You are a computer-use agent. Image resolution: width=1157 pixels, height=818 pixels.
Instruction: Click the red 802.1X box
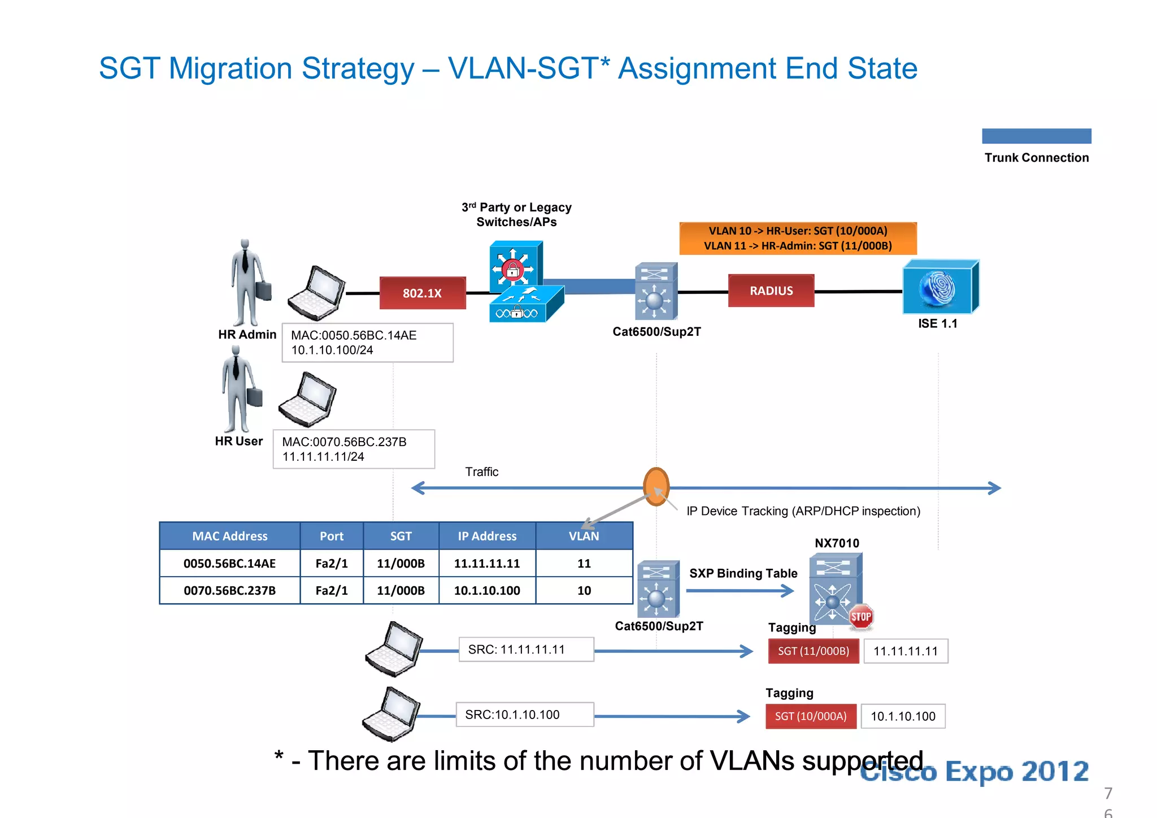click(423, 293)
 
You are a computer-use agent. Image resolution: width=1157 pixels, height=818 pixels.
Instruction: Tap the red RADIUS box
click(771, 291)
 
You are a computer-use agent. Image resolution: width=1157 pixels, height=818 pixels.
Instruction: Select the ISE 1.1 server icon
click(939, 287)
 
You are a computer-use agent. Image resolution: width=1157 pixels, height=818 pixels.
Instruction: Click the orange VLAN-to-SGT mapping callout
click(798, 238)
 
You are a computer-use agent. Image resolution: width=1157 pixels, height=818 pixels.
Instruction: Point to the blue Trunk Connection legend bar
click(1036, 136)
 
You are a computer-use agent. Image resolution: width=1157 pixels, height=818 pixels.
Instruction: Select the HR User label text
click(238, 441)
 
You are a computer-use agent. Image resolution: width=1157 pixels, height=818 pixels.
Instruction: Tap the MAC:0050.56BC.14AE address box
click(367, 343)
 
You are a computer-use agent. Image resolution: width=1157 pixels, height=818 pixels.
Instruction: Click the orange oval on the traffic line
click(656, 486)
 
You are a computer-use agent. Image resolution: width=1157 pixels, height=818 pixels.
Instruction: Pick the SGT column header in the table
click(401, 536)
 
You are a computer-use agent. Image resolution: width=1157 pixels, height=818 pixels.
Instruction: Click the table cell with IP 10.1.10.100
click(487, 591)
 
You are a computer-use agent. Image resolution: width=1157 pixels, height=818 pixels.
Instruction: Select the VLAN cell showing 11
click(584, 564)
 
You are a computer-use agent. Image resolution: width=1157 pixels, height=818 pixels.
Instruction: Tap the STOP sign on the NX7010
click(860, 617)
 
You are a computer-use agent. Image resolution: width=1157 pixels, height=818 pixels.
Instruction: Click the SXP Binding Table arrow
click(740, 591)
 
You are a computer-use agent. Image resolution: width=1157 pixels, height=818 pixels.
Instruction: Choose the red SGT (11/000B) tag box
click(813, 651)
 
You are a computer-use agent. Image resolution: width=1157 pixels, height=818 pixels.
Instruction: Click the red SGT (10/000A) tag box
click(811, 716)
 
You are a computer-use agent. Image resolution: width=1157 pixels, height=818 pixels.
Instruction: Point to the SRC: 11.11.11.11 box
click(526, 650)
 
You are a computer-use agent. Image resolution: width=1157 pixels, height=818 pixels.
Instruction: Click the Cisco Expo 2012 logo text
click(974, 772)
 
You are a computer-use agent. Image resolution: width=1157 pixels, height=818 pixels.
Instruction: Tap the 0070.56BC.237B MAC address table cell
click(229, 591)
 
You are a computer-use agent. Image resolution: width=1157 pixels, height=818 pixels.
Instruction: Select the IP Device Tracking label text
click(803, 511)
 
